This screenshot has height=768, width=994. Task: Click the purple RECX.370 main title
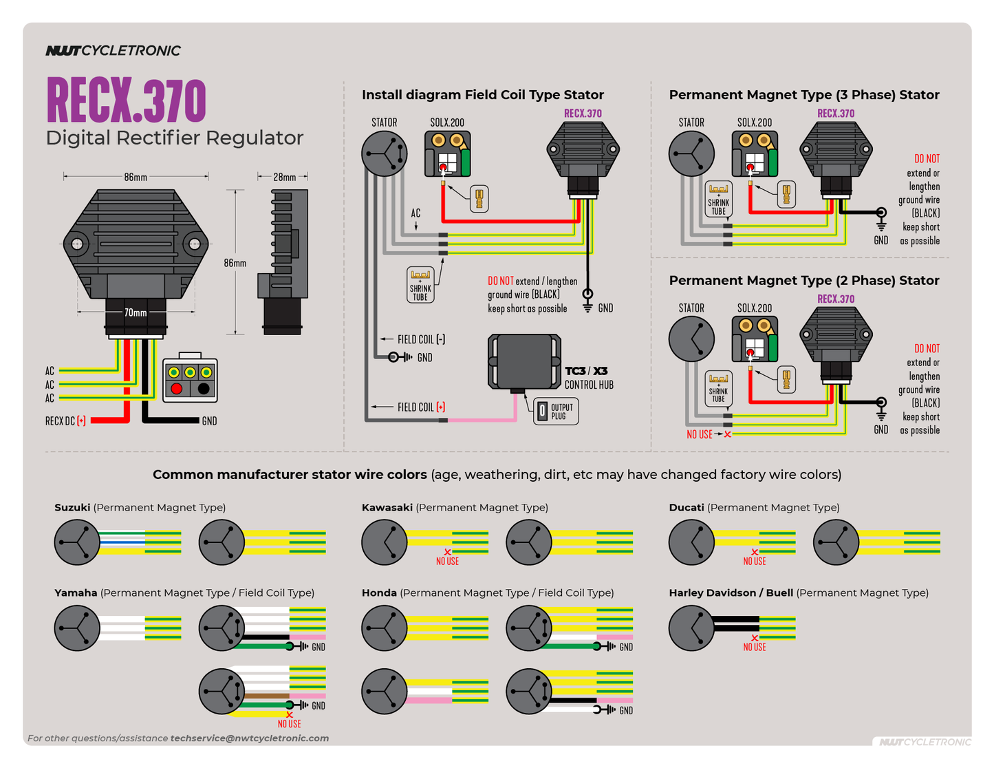tap(126, 100)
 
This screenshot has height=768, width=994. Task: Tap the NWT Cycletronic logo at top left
tap(113, 50)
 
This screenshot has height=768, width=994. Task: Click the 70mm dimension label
tap(136, 312)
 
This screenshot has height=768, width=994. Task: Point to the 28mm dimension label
tap(284, 177)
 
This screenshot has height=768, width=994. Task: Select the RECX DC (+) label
tap(65, 420)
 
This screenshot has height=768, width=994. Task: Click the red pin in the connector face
tap(176, 389)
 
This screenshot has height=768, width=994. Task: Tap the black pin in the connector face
tap(204, 389)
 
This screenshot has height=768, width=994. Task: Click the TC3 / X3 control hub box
tap(523, 361)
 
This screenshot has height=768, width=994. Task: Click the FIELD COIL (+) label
tap(421, 407)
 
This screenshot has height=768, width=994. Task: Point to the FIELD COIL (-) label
tap(421, 339)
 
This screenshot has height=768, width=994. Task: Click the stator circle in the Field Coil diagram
tap(384, 153)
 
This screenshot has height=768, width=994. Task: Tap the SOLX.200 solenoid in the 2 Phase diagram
tap(755, 339)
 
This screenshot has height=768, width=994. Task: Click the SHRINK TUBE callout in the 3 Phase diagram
tap(718, 199)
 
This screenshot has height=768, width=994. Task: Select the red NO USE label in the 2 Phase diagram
tap(700, 434)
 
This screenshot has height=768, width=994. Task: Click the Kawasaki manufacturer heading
tap(387, 507)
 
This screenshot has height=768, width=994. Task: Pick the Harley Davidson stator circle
tap(691, 628)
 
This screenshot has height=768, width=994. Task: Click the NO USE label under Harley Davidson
tap(754, 647)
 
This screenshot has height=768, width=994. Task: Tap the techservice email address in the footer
tap(250, 738)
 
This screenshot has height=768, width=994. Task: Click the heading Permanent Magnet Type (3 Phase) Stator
tap(803, 95)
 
